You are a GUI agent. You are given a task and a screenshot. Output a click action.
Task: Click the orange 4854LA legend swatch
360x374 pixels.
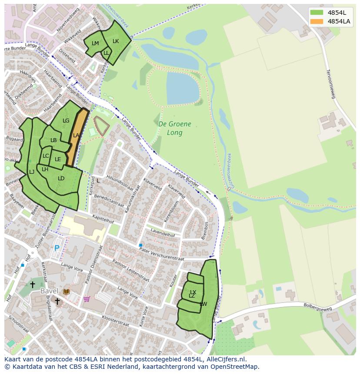pos(317,21)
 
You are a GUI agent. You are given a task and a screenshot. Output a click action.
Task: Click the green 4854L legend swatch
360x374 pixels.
pos(317,12)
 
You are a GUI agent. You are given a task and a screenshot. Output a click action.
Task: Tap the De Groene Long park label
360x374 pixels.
pos(175,128)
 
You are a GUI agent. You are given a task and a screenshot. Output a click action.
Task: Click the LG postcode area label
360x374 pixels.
pos(66,121)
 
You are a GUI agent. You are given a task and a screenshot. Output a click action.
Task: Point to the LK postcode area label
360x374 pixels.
pos(116,41)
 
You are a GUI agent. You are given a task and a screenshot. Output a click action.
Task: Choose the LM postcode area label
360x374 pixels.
pos(95,43)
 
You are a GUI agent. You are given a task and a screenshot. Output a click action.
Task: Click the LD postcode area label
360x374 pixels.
pos(61,179)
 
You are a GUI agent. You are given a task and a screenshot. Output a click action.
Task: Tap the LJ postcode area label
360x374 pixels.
pos(32,172)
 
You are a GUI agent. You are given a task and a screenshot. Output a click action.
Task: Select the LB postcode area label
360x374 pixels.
pos(53,140)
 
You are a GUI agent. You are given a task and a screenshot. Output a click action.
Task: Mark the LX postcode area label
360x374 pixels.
pos(193,292)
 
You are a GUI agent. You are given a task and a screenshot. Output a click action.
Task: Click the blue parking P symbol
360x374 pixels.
pos(57,248)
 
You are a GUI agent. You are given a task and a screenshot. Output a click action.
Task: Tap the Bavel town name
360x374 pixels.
pos(49,291)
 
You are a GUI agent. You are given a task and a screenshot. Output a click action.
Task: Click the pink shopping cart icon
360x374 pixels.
pos(87,299)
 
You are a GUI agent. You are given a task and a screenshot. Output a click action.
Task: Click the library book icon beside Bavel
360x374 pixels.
pos(66,291)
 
